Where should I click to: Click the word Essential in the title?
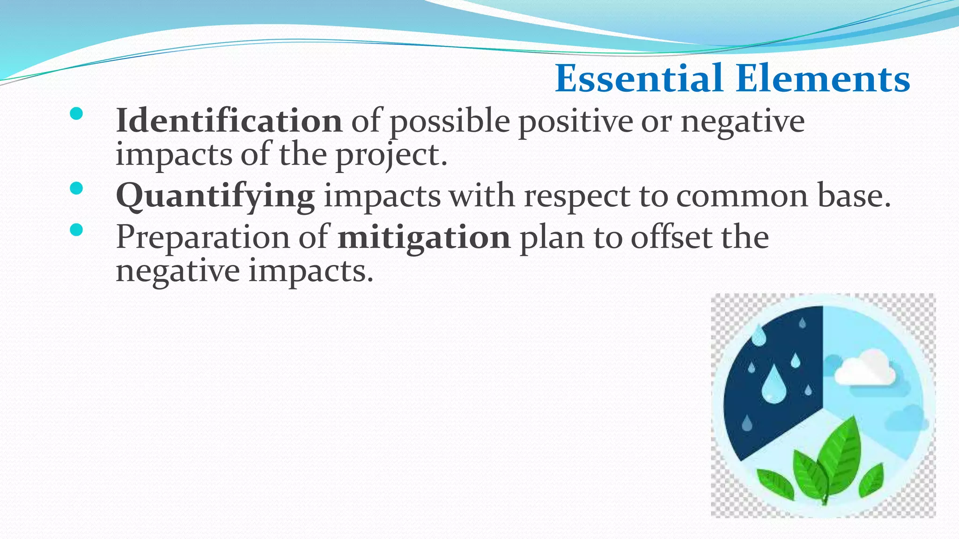(639, 79)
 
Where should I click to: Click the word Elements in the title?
(823, 79)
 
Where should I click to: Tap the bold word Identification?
(229, 121)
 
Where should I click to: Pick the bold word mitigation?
(424, 237)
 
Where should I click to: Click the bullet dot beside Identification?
(76, 114)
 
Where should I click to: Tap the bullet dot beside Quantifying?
(76, 189)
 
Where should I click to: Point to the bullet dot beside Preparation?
(76, 230)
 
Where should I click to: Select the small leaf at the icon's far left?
(775, 484)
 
